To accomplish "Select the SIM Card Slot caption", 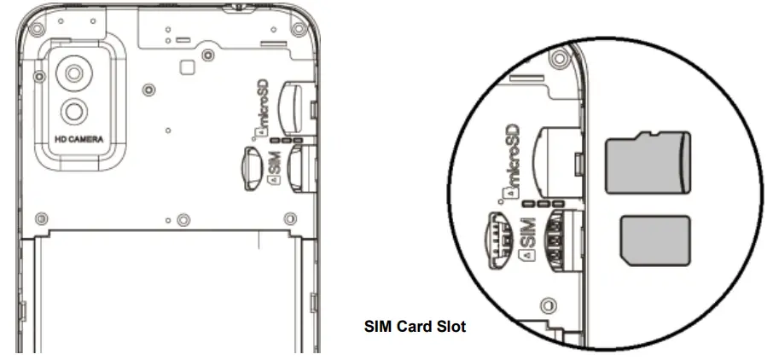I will click(x=415, y=325).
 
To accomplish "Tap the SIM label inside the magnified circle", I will click(x=526, y=235).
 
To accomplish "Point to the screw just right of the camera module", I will click(x=149, y=89).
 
